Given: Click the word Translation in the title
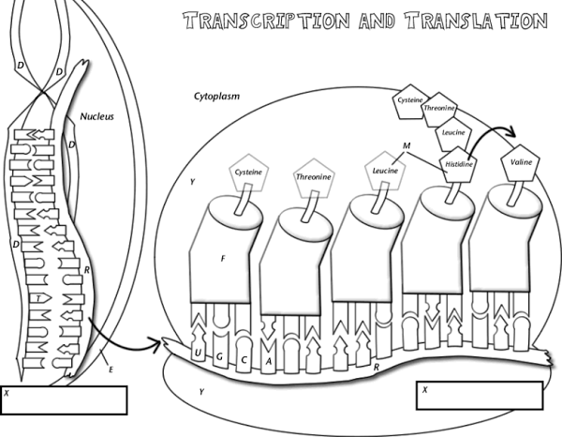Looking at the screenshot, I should (x=466, y=21).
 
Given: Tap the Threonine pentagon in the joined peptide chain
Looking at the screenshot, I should (x=438, y=110).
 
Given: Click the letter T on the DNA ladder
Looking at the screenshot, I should (x=37, y=297).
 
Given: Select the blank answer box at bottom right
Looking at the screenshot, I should (x=480, y=395).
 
